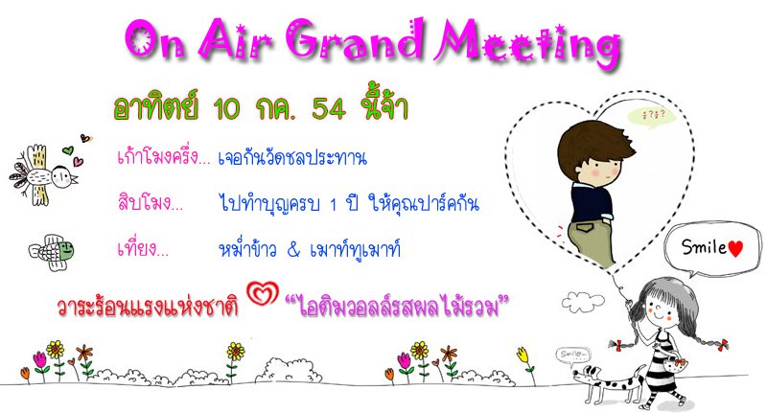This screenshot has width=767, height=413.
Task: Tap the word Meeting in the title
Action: (x=529, y=44)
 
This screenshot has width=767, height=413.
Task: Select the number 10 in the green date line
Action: (x=227, y=108)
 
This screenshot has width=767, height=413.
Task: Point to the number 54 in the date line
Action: (x=329, y=108)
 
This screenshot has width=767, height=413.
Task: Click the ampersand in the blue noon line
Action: (x=293, y=250)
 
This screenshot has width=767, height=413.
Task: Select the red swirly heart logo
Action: (x=263, y=293)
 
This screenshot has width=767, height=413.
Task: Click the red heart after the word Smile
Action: (x=735, y=248)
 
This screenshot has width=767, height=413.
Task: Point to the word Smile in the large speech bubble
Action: (x=704, y=247)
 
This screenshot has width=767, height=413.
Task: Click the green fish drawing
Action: (x=52, y=252)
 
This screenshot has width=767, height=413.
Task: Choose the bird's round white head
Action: (x=62, y=176)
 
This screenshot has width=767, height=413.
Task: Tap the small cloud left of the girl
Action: (x=583, y=302)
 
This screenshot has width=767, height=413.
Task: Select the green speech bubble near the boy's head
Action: (x=653, y=117)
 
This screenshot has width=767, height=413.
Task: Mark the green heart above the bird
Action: (x=68, y=150)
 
